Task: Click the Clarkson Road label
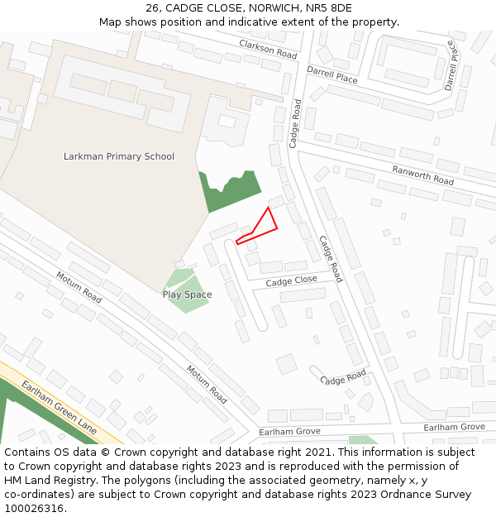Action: coord(268,49)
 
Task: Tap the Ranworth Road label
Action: coord(422,175)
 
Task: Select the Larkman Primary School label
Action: coord(119,156)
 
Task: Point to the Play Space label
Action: coord(187,294)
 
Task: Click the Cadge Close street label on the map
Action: coord(291,281)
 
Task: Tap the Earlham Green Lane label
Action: coord(60,406)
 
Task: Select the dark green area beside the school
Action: coord(228,190)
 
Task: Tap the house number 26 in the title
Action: coord(152,8)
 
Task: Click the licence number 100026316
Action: coord(33,508)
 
